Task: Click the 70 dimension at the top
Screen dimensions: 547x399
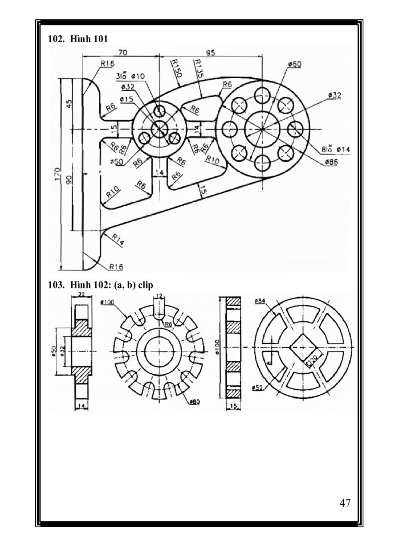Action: (x=122, y=52)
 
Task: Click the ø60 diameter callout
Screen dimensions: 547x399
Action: (x=294, y=64)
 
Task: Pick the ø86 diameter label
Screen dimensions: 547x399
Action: (x=332, y=162)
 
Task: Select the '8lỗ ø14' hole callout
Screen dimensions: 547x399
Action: (x=335, y=149)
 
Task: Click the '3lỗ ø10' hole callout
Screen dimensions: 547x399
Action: (x=130, y=76)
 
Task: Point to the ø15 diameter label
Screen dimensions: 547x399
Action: (x=127, y=99)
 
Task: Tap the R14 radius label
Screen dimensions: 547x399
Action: (x=117, y=239)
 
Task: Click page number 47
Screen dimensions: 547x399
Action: (x=344, y=503)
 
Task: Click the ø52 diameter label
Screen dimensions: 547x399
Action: (x=257, y=387)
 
